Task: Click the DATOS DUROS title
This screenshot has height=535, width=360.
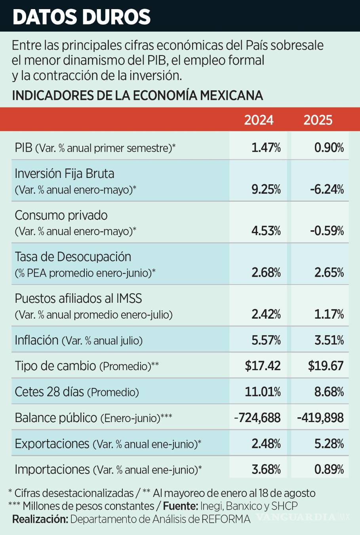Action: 82,17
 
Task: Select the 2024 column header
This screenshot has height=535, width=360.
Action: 259,120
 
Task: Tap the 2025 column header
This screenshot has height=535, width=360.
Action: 318,120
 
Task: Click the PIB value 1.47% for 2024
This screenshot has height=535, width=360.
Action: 266,148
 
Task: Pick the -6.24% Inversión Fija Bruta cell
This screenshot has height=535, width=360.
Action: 327,189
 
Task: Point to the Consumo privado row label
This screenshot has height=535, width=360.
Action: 61,215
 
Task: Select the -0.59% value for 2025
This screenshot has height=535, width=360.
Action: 327,231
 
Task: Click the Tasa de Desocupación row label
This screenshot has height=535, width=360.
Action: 73,257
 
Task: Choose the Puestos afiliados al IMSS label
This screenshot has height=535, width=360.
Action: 78,298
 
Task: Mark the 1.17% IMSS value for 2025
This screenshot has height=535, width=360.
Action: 329,314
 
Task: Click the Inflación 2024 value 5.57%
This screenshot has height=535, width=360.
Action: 266,340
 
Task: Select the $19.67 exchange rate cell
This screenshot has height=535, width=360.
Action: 326,365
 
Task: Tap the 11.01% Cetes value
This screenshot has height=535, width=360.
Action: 263,392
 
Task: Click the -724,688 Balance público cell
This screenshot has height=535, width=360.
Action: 257,418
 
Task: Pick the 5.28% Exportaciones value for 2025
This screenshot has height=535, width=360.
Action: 329,443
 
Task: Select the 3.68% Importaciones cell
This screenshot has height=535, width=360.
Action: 266,469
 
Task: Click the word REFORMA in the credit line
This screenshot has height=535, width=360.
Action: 226,519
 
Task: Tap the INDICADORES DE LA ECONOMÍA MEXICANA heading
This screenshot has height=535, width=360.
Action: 137,96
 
